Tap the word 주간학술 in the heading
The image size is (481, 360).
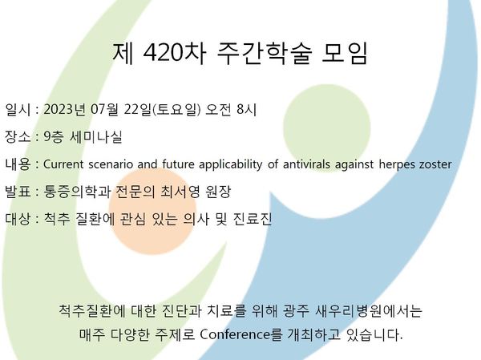265,54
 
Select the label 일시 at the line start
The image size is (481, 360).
18,110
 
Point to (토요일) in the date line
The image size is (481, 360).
176,110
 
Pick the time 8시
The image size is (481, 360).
246,110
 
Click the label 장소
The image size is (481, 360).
18,136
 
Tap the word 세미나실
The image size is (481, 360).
96,136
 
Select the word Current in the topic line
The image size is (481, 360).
63,164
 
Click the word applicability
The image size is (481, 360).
231,165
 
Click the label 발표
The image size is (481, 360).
18,192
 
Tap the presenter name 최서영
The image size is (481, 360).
180,192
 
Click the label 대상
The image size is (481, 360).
18,219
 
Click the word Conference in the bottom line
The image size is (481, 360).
235,334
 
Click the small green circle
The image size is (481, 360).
326,128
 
